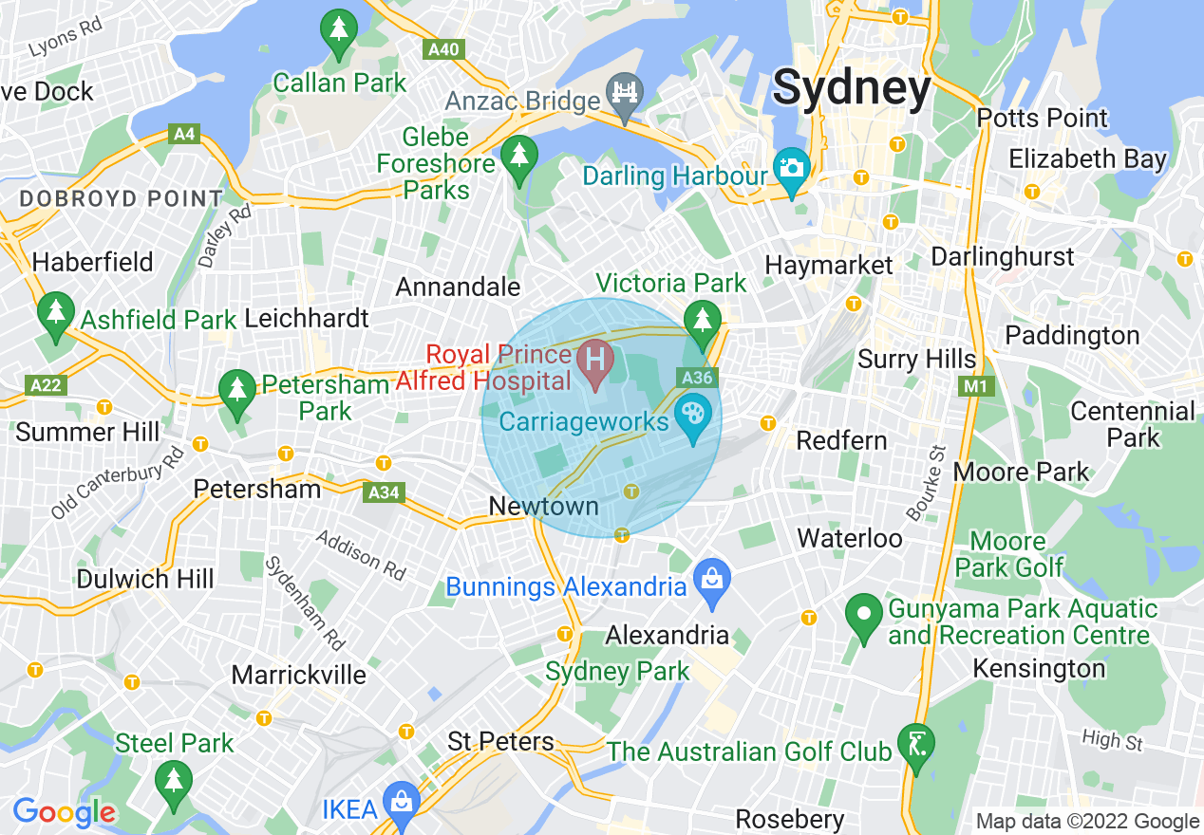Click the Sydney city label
(x=852, y=88)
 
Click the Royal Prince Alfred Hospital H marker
(x=596, y=362)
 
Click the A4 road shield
(x=184, y=134)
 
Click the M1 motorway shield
(x=973, y=386)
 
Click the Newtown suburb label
(x=543, y=506)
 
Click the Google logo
(x=64, y=811)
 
